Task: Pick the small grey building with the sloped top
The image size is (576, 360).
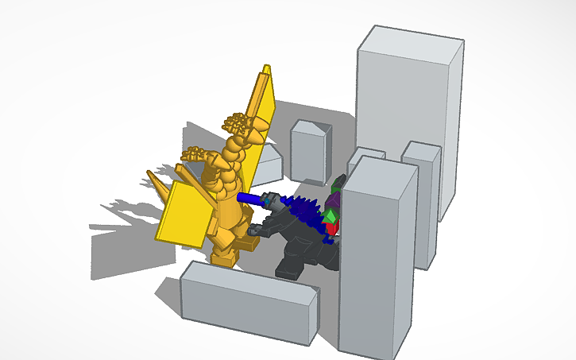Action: [310, 151]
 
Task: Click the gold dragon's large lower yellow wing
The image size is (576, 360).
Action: [186, 211]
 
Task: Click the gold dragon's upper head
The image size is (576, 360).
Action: [238, 123]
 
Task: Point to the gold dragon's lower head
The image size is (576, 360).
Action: [195, 154]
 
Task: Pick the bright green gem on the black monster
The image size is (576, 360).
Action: [328, 216]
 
